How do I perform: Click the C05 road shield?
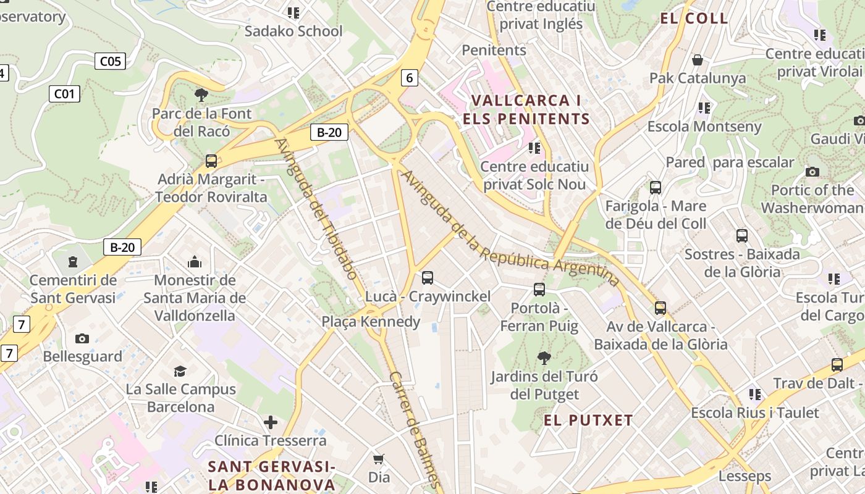(x=111, y=61)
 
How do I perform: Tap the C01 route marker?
(x=64, y=94)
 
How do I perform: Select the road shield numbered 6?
(x=409, y=77)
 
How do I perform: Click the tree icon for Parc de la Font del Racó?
(x=201, y=95)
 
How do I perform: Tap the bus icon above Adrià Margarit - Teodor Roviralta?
(x=211, y=161)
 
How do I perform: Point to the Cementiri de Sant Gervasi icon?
(x=73, y=262)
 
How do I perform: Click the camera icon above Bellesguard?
(x=82, y=338)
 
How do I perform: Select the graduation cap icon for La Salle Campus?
(x=180, y=371)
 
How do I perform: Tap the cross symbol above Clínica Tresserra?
(x=270, y=422)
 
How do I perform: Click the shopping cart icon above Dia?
(x=378, y=459)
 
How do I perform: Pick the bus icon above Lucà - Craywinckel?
(x=427, y=278)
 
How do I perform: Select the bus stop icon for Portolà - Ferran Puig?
(x=539, y=289)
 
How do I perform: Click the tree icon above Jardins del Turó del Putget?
(x=544, y=358)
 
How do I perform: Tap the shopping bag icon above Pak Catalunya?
(x=698, y=60)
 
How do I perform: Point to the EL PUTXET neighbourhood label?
(x=588, y=421)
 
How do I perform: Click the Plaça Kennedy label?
(x=371, y=321)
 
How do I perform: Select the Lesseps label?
(x=745, y=476)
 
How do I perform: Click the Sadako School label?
(x=293, y=31)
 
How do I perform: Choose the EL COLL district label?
(x=694, y=18)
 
